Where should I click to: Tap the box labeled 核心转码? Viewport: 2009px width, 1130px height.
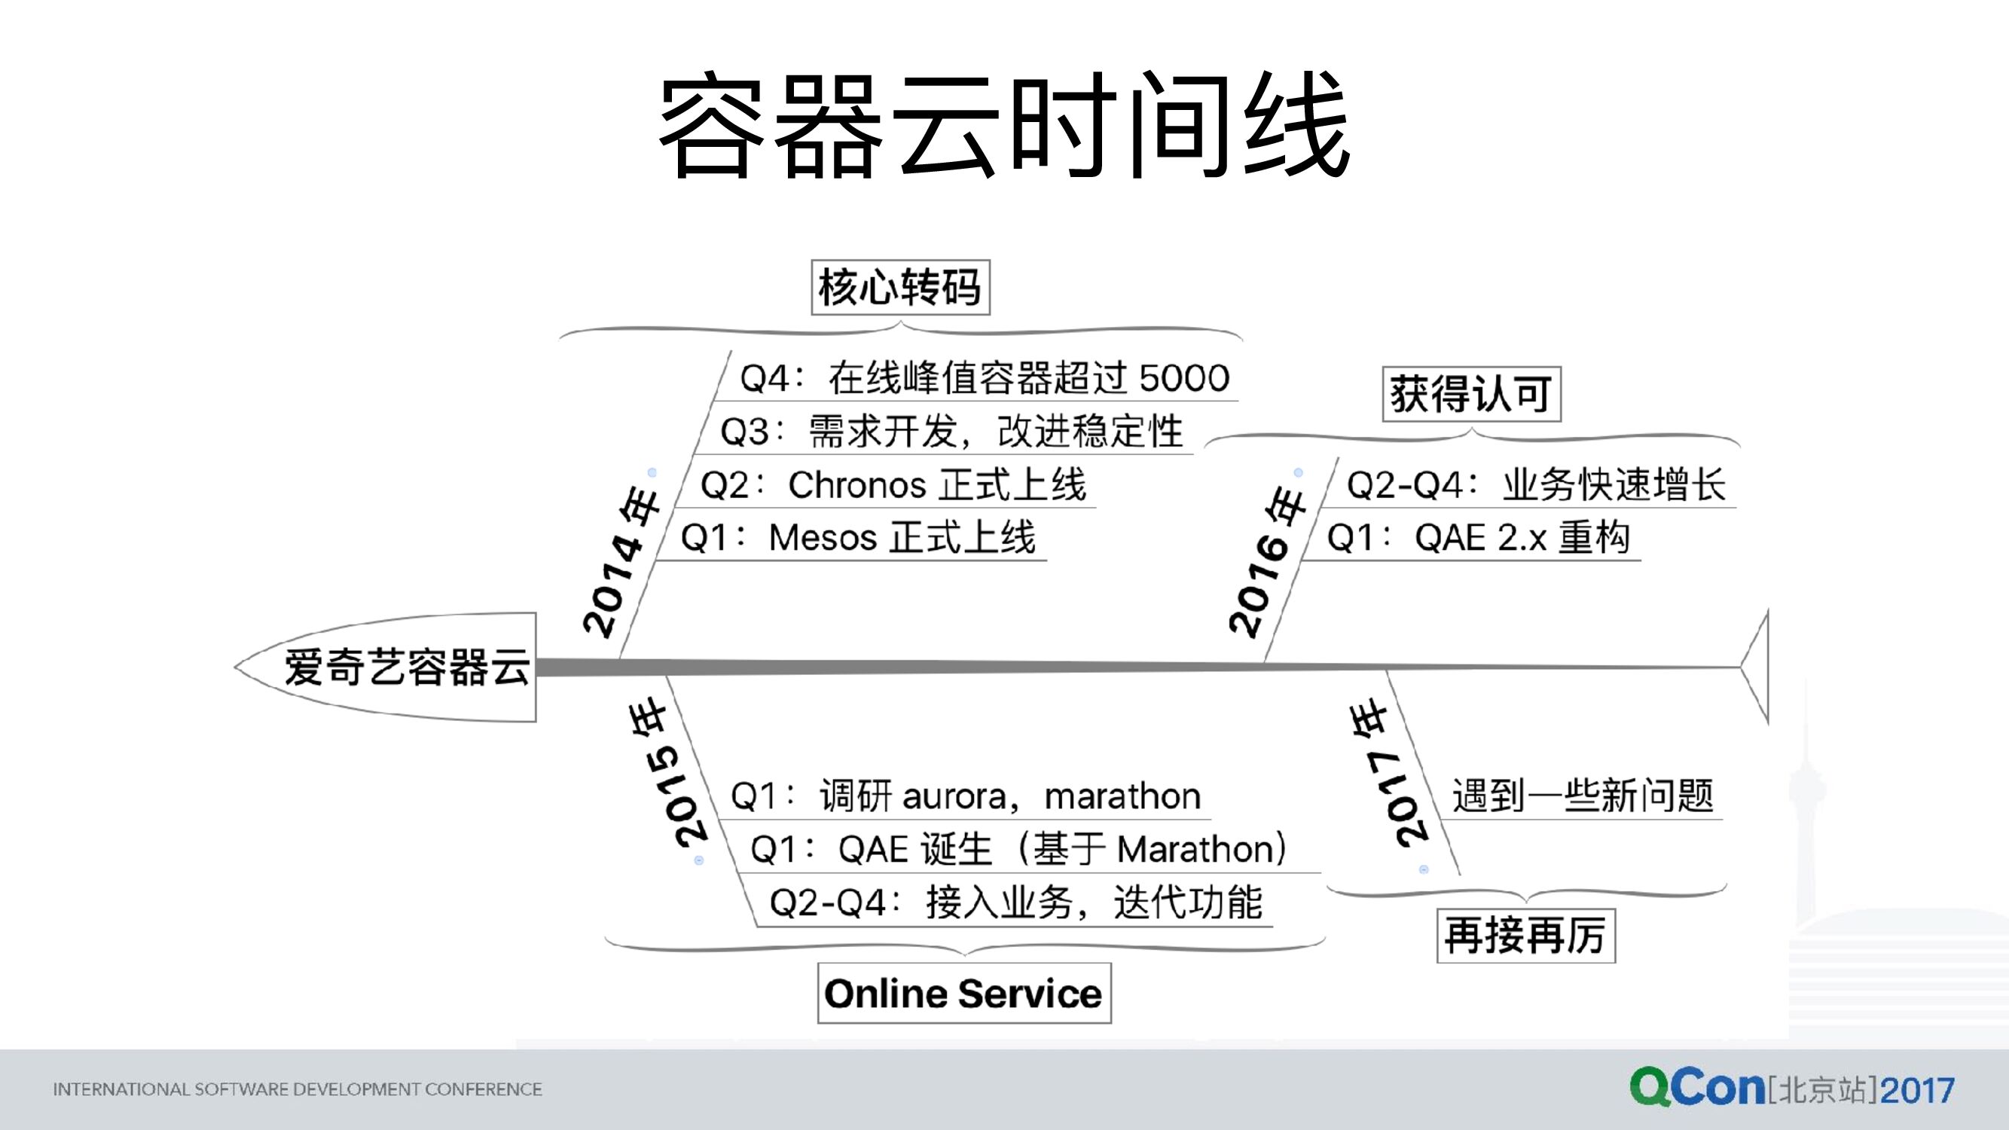pyautogui.click(x=900, y=287)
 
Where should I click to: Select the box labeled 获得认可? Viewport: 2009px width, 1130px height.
pyautogui.click(x=1471, y=394)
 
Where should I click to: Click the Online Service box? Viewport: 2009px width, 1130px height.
pyautogui.click(x=964, y=994)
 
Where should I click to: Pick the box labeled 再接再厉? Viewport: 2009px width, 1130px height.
pyautogui.click(x=1525, y=935)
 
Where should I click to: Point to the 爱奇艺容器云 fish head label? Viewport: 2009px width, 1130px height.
pyautogui.click(x=405, y=667)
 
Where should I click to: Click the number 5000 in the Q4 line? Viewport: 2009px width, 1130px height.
pyautogui.click(x=1184, y=378)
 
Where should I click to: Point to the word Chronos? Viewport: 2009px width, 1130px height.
pyautogui.click(x=856, y=485)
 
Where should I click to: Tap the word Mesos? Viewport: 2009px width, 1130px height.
pyautogui.click(x=823, y=538)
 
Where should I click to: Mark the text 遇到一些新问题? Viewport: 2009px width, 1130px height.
pyautogui.click(x=1582, y=796)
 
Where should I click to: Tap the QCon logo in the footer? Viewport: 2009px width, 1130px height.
pyautogui.click(x=1696, y=1088)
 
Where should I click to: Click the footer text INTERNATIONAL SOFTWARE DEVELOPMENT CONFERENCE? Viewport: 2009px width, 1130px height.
pyautogui.click(x=297, y=1089)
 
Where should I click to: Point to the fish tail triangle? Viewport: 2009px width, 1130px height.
pyautogui.click(x=1757, y=667)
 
